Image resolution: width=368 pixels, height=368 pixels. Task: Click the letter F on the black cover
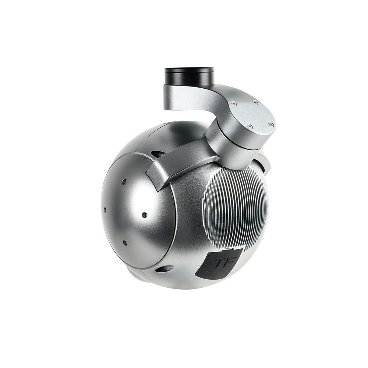pos(225,262)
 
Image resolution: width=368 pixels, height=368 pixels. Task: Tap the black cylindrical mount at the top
pos(190,76)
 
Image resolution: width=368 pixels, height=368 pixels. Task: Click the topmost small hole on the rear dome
pos(124,182)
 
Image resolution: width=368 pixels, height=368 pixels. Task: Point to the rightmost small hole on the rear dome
pos(144,214)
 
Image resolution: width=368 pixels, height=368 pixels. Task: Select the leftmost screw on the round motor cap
pos(233,104)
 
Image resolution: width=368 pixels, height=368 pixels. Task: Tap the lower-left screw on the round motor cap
pos(250,126)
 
